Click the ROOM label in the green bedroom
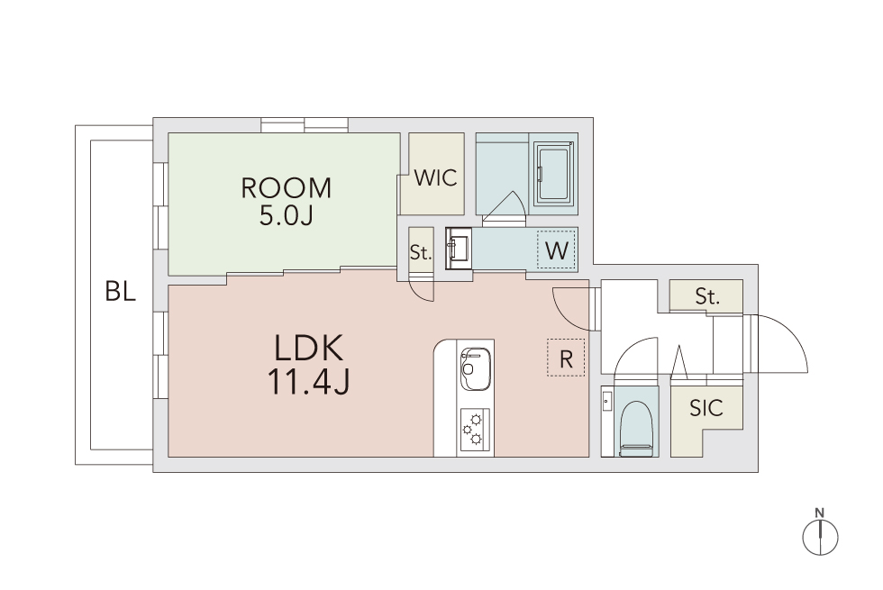point(287,188)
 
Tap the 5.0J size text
point(286,215)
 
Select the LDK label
point(308,348)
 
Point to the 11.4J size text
point(308,381)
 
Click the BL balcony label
point(121,292)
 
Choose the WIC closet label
point(435,178)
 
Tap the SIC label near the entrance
point(706,408)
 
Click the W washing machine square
point(557,250)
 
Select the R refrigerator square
point(566,359)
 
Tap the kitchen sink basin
point(476,368)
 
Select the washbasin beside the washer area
point(459,249)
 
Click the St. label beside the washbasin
point(421,253)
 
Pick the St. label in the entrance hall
point(706,295)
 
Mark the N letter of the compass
point(820,513)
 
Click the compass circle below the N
point(821,537)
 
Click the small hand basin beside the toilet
point(606,403)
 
